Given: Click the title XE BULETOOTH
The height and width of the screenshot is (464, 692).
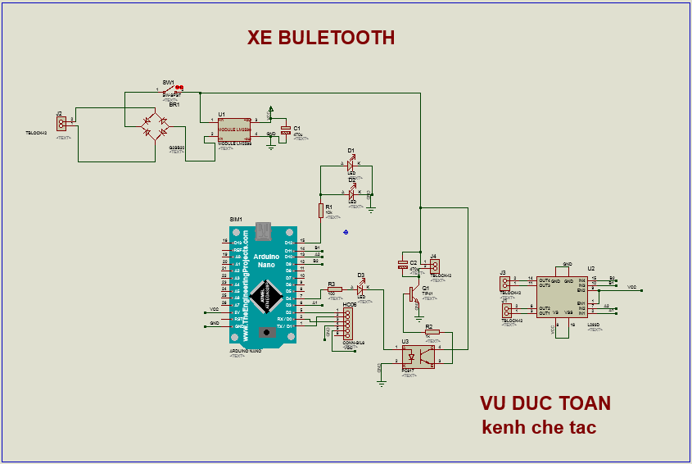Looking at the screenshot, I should (x=321, y=38).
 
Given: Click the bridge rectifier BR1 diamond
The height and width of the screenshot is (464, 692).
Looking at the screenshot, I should (x=154, y=126).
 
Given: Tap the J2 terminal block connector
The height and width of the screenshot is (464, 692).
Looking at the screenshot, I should (x=61, y=122).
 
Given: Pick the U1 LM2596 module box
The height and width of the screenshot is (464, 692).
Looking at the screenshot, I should (x=234, y=129).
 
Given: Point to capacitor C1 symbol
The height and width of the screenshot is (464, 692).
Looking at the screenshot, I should (x=285, y=130).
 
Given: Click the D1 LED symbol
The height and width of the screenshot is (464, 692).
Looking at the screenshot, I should (x=351, y=165).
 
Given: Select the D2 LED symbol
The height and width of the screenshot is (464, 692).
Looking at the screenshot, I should (x=351, y=193).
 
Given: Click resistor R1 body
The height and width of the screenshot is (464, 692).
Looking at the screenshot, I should (x=321, y=211).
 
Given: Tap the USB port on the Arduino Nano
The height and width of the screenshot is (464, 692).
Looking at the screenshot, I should (x=262, y=230).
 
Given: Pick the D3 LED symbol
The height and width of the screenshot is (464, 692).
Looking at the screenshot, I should (x=360, y=289).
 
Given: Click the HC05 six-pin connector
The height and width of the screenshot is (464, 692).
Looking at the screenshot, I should (x=347, y=323).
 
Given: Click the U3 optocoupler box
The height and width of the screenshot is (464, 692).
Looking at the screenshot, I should (x=419, y=355).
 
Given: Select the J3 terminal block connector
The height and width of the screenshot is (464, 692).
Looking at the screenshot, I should (x=505, y=283).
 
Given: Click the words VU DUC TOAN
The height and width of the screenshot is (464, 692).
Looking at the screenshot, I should (x=545, y=403).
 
